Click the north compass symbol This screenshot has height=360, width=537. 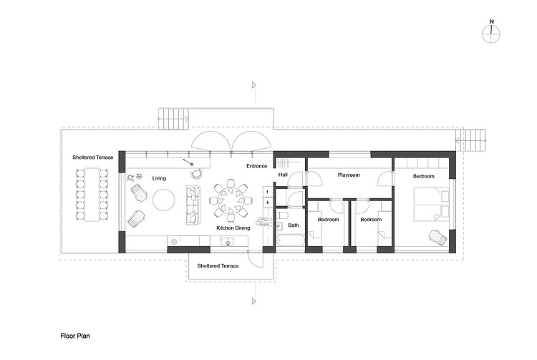pyautogui.click(x=491, y=34)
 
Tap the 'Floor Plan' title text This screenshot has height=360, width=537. pyautogui.click(x=75, y=336)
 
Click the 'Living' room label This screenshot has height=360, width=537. pyautogui.click(x=159, y=178)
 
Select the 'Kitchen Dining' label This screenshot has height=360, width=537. pyautogui.click(x=233, y=228)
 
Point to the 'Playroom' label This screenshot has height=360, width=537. pyautogui.click(x=349, y=175)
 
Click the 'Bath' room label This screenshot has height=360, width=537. pyautogui.click(x=293, y=225)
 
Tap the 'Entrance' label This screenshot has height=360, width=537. pyautogui.click(x=257, y=166)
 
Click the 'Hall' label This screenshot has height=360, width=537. pyautogui.click(x=283, y=175)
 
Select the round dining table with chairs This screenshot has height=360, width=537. pyautogui.click(x=231, y=200)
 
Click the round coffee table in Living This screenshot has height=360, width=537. pyautogui.click(x=164, y=200)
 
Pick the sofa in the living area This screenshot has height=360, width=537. pyautogui.click(x=193, y=205)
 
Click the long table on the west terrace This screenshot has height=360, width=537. pyautogui.click(x=92, y=194)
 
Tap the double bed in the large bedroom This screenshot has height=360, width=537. pyautogui.click(x=432, y=204)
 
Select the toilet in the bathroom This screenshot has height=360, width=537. pyautogui.click(x=283, y=215)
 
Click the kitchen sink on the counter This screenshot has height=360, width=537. pyautogui.click(x=228, y=242)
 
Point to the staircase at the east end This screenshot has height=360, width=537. pyautogui.click(x=471, y=140)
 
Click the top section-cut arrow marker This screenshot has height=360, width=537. pyautogui.click(x=254, y=85)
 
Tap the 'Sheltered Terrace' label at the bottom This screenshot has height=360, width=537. pyautogui.click(x=218, y=266)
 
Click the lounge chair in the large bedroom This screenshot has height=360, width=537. pyautogui.click(x=438, y=237)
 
